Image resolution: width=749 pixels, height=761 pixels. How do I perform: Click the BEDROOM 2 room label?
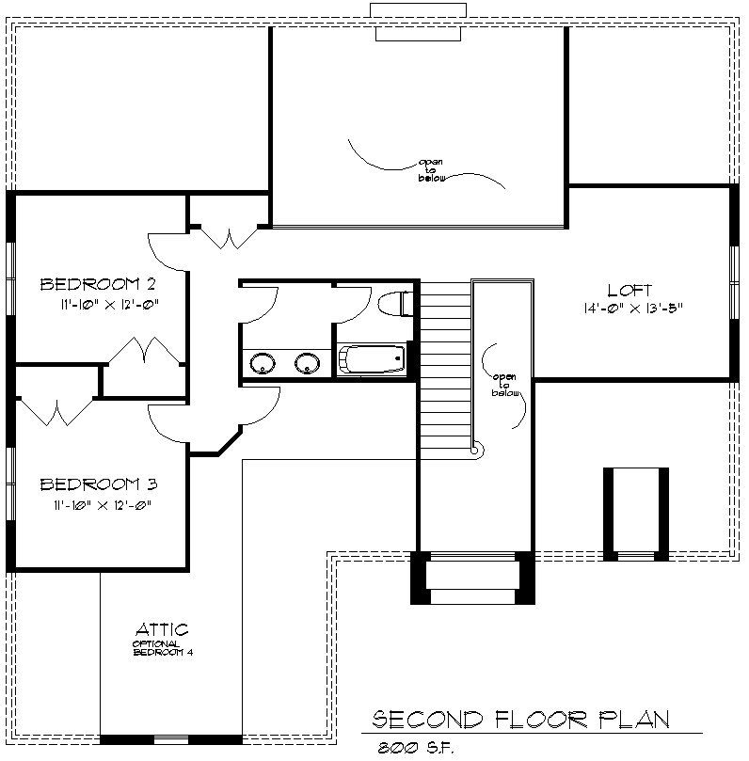click(x=98, y=284)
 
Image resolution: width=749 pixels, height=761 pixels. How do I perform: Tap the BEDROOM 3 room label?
click(x=99, y=484)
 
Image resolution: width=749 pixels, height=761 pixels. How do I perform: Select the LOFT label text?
click(x=629, y=291)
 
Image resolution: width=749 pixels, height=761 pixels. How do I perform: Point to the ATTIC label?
click(x=162, y=630)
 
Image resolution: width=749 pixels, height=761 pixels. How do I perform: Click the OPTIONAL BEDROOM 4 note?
click(x=163, y=648)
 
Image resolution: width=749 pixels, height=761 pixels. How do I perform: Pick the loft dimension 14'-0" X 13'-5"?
click(x=633, y=309)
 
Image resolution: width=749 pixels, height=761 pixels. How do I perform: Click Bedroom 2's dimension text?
click(x=110, y=305)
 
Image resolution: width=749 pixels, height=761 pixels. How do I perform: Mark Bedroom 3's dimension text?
click(x=103, y=505)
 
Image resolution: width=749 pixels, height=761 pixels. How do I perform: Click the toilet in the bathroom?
click(x=395, y=304)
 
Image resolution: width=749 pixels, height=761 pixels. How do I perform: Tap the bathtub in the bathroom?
click(x=372, y=359)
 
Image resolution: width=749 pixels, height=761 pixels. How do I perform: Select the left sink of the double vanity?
click(x=263, y=363)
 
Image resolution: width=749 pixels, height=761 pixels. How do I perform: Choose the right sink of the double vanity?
click(x=308, y=363)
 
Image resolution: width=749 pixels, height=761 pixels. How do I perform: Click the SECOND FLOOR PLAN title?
click(x=521, y=720)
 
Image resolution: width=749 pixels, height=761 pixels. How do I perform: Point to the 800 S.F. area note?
click(x=416, y=748)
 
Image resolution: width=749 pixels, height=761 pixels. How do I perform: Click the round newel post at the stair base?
click(x=477, y=450)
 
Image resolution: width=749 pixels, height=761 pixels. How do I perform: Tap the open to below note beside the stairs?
click(x=505, y=385)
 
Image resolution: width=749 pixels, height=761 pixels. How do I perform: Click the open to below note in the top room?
click(x=431, y=170)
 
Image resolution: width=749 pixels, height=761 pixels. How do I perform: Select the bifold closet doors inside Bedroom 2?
click(x=145, y=350)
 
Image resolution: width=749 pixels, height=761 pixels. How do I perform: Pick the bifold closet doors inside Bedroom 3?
click(x=56, y=413)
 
